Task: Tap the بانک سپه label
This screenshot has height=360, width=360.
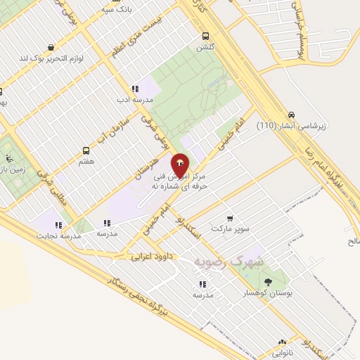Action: [x=116, y=9]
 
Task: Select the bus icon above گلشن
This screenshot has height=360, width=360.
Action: [x=205, y=36]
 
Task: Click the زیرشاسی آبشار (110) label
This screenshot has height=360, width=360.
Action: [x=292, y=126]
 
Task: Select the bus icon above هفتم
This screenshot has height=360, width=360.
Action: [x=86, y=150]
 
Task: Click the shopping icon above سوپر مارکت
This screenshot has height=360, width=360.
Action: [x=231, y=219]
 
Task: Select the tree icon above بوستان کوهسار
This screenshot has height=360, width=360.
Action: [x=266, y=283]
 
